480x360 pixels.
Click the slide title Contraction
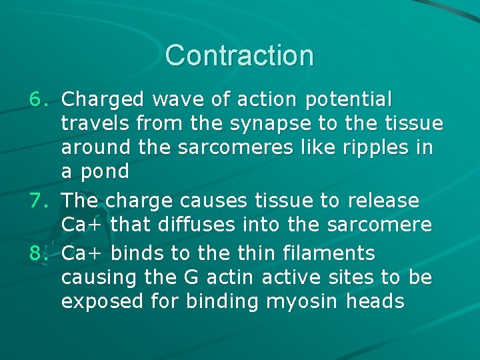click(239, 55)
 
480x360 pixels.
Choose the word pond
click(105, 171)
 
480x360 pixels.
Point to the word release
click(386, 201)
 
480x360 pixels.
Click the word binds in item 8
click(133, 253)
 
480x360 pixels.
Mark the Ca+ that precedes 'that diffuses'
click(83, 225)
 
